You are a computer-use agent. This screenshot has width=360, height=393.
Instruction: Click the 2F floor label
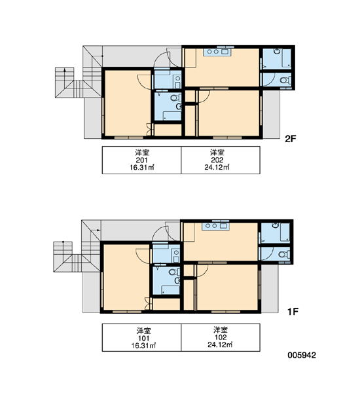coord(291,139)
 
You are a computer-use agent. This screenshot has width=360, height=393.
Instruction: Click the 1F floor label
coord(293,312)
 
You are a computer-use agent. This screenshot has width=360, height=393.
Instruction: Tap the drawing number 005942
coord(302,355)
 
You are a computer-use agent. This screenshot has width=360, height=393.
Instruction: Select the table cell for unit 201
coord(141,160)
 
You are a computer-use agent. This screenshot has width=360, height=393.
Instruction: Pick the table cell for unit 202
coord(221,160)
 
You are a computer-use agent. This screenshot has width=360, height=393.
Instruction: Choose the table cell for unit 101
coord(141,337)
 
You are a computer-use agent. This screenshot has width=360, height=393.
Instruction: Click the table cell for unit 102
coord(221,337)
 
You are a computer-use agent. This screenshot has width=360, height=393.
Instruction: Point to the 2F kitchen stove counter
coord(217,52)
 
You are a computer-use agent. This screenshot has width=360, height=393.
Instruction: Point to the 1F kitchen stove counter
coord(215,226)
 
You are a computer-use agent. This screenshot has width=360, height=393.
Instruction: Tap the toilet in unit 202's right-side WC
coord(285,80)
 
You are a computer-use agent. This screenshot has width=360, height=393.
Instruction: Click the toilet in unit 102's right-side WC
coord(284,254)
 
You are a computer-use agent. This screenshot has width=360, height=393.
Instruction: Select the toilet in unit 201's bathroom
coord(175,98)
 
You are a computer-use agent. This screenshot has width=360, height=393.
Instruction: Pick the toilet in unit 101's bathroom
coord(174,272)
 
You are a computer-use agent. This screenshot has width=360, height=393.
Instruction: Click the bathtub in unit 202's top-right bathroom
coord(287,58)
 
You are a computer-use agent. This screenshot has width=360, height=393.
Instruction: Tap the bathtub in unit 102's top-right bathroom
coord(285,233)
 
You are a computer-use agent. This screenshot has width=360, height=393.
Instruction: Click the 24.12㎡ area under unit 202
coord(217,168)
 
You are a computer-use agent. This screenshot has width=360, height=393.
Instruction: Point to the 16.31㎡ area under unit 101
coord(144,346)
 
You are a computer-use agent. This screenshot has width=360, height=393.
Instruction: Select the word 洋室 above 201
coord(142,153)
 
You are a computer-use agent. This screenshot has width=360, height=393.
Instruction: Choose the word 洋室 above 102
coord(221,329)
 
